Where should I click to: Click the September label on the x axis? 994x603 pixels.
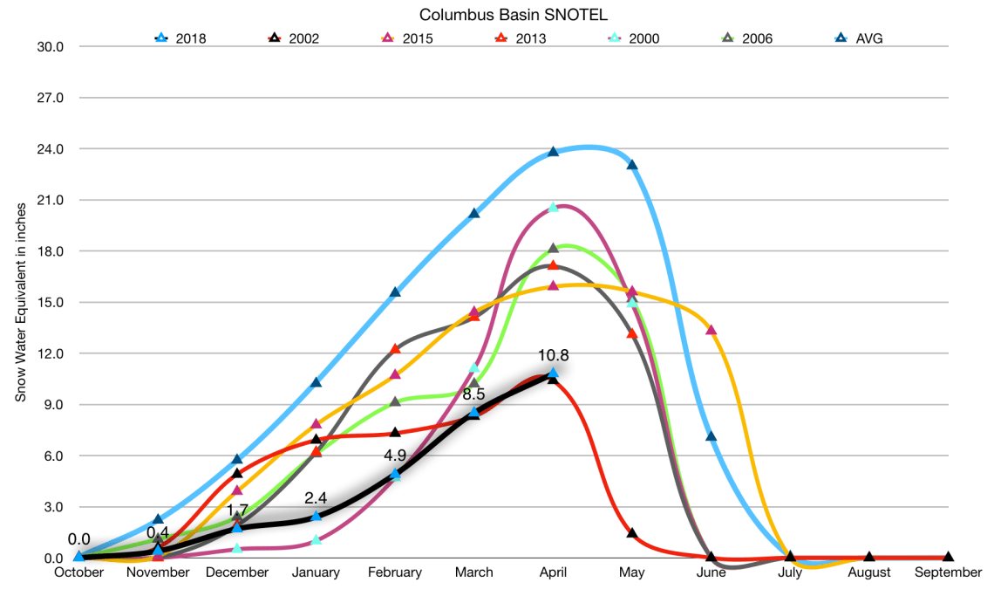tap(949, 572)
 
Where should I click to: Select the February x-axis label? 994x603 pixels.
tap(395, 572)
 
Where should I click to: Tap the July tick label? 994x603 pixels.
tap(790, 572)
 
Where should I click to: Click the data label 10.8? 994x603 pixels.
tap(553, 355)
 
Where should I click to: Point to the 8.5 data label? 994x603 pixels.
tap(473, 394)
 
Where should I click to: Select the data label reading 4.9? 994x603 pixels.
tap(395, 455)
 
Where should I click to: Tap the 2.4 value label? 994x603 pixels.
tap(316, 498)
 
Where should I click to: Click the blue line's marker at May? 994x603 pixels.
tap(632, 165)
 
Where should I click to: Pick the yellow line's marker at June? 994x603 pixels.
tap(711, 330)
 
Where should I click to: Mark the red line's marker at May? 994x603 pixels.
tap(632, 533)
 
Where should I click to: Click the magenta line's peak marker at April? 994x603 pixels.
tap(553, 208)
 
